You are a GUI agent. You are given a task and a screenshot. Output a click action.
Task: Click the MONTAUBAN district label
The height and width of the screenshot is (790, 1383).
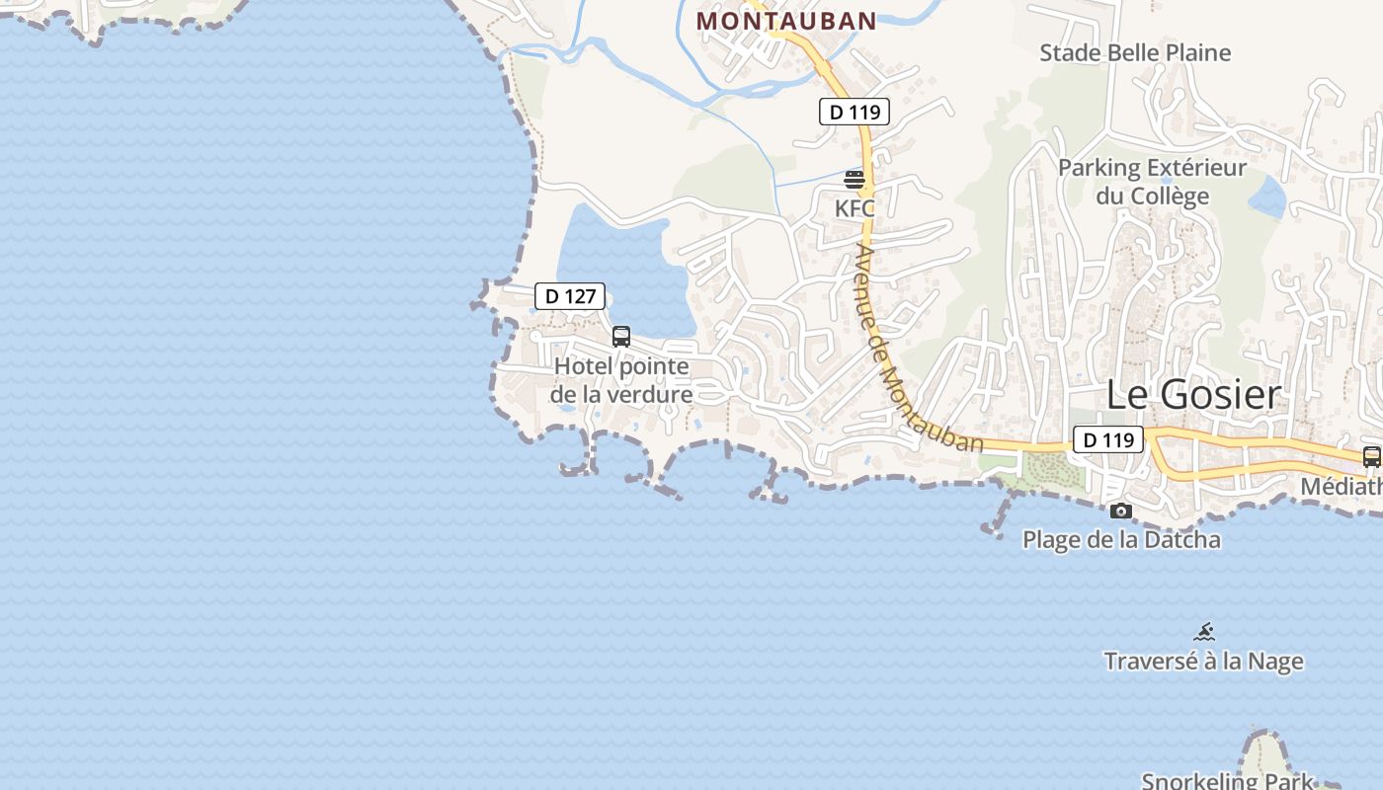click(x=786, y=21)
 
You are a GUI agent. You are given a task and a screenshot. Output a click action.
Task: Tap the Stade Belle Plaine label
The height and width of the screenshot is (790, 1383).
click(x=1135, y=52)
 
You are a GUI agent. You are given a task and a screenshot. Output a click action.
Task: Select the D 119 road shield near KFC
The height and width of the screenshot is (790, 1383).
click(x=854, y=112)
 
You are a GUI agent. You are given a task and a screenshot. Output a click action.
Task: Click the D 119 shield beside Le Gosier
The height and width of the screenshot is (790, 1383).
click(x=1107, y=439)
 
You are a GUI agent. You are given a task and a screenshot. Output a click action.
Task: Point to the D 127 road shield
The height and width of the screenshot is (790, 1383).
click(x=569, y=295)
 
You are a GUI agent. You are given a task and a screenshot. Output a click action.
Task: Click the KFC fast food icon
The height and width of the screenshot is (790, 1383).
click(x=854, y=180)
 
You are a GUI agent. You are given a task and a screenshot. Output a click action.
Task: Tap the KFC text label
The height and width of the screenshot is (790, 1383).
click(x=854, y=208)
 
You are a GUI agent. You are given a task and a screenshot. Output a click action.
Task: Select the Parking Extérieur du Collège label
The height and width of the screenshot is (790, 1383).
click(x=1152, y=182)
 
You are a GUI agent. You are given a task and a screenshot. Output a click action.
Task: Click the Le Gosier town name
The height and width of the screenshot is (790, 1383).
click(x=1192, y=394)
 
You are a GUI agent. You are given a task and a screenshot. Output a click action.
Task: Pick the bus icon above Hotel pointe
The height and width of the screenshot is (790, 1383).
click(x=621, y=336)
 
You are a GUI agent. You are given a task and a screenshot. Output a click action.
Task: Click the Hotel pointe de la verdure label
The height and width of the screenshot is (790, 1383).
click(x=621, y=380)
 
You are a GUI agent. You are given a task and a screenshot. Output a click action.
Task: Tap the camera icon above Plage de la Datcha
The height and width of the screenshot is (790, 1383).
click(x=1120, y=511)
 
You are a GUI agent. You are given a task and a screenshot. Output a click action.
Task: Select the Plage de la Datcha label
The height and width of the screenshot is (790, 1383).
click(x=1120, y=539)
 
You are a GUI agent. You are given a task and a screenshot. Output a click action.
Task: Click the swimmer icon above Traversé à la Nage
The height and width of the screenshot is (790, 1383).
click(x=1203, y=632)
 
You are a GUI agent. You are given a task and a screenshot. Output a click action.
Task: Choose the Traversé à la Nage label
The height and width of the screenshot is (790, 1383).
click(x=1203, y=661)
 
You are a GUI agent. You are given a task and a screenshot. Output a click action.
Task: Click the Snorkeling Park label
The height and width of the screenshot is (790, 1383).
click(x=1227, y=780)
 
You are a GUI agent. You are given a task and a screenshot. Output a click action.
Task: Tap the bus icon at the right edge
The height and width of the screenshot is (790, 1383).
click(x=1371, y=457)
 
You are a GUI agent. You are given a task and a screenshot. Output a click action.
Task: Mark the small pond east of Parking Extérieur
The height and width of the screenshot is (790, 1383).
click(x=1267, y=197)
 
